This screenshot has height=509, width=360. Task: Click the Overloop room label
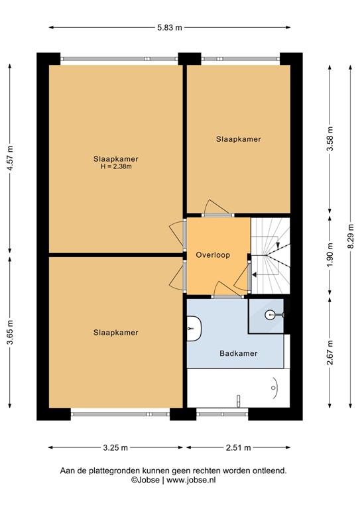click(212, 255)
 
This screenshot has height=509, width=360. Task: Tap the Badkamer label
click(238, 353)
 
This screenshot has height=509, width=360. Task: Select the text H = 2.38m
click(116, 167)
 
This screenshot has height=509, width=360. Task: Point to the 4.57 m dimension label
click(9, 158)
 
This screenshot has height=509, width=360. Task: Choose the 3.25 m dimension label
click(115, 448)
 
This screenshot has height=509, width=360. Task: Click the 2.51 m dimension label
click(238, 448)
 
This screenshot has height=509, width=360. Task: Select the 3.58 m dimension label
click(330, 139)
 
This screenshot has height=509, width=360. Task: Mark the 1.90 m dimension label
click(330, 255)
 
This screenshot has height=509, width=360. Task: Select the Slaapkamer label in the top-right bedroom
click(238, 139)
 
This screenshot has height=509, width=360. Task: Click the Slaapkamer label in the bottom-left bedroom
click(116, 332)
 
